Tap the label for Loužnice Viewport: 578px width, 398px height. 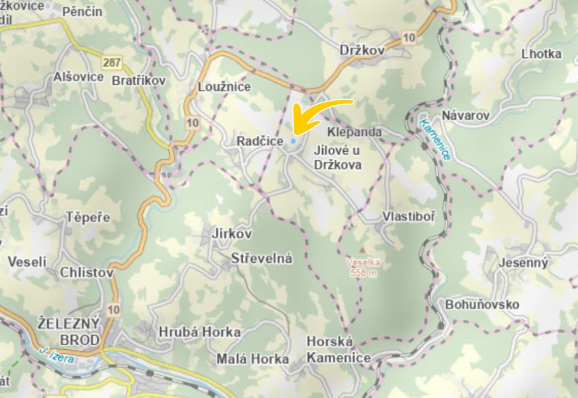224,87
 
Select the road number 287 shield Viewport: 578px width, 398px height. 112,63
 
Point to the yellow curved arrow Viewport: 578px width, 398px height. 321,113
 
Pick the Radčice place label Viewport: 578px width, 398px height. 260,141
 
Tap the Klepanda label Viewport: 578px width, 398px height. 355,132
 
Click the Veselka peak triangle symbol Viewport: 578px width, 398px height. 362,250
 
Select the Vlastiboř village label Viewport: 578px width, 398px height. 408,216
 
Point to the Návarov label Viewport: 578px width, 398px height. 466,116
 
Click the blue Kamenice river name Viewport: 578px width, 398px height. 435,140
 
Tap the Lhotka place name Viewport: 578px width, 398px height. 541,54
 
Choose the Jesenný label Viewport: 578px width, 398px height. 523,263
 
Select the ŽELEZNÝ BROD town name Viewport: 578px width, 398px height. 69,331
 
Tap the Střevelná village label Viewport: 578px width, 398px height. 262,259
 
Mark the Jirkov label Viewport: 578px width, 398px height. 231,233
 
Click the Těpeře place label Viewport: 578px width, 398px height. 88,217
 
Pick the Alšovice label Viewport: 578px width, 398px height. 79,77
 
